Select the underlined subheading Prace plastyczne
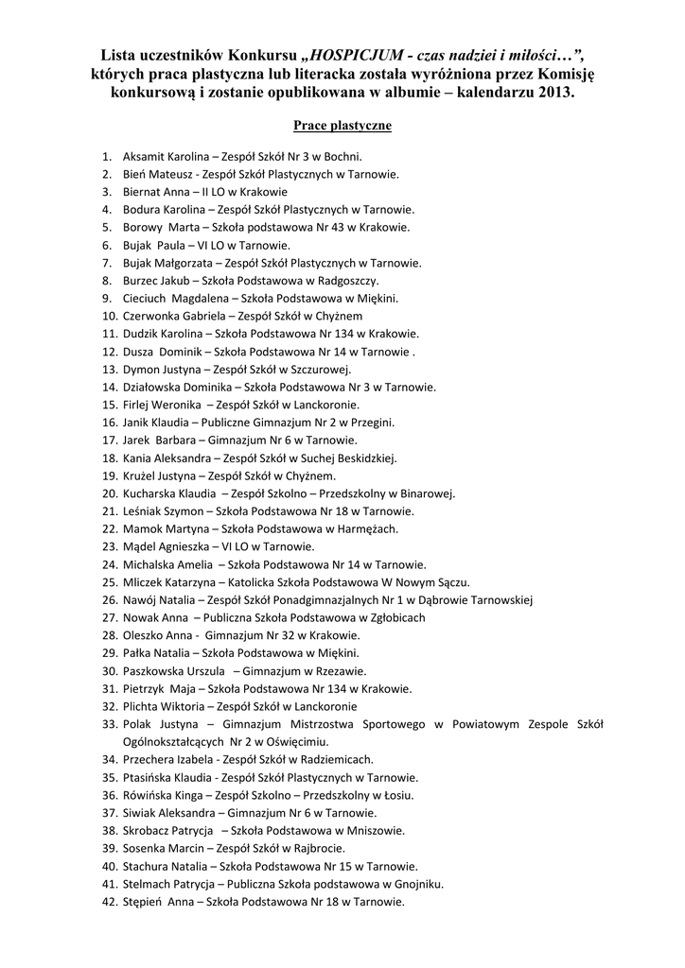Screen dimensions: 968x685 (342, 125)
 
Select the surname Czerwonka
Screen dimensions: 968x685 (152, 316)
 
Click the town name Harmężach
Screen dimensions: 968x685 (366, 528)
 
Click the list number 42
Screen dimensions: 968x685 (107, 902)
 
